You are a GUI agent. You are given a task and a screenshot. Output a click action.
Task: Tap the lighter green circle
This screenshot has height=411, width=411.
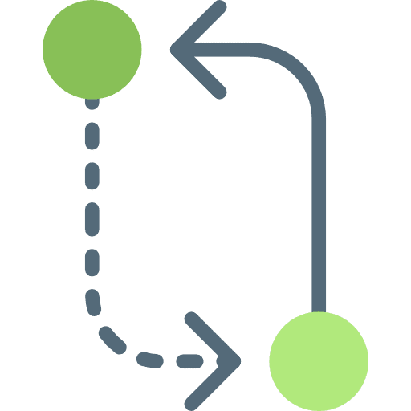[319, 359]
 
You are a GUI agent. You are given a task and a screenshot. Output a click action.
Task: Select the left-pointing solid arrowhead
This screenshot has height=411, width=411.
[197, 50]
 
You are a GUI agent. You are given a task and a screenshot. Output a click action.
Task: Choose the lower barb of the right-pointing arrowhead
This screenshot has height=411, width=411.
[212, 380]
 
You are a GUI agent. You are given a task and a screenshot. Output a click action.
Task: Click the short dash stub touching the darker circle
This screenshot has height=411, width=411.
[92, 104]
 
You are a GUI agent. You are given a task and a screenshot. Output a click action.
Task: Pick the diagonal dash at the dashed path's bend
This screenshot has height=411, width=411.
[112, 336]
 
